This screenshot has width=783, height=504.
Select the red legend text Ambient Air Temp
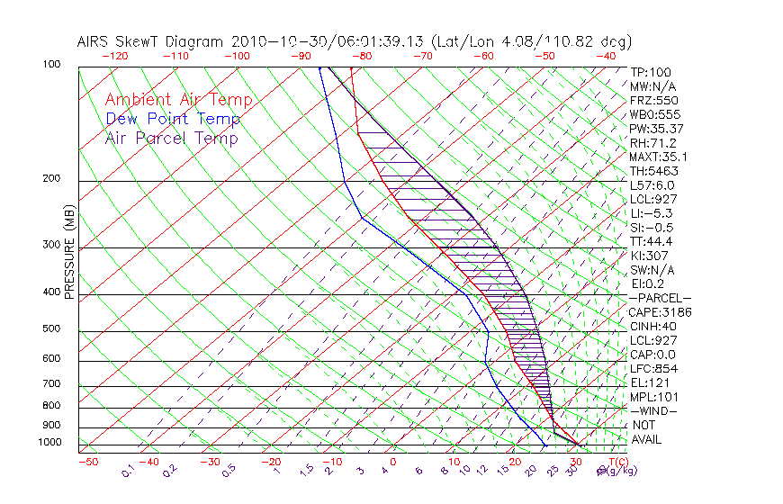pos(178,100)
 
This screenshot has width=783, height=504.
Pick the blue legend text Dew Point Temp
pos(173,119)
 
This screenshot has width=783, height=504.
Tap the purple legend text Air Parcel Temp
pos(171,138)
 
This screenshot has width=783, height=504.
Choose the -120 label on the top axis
pos(115,56)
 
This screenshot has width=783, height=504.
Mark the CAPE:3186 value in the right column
pos(660,312)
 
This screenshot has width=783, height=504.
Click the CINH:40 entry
pos(653,326)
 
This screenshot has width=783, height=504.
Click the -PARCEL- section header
pos(660,298)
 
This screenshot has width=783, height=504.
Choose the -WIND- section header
pos(654,410)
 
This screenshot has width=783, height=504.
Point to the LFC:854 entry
pos(653,368)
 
